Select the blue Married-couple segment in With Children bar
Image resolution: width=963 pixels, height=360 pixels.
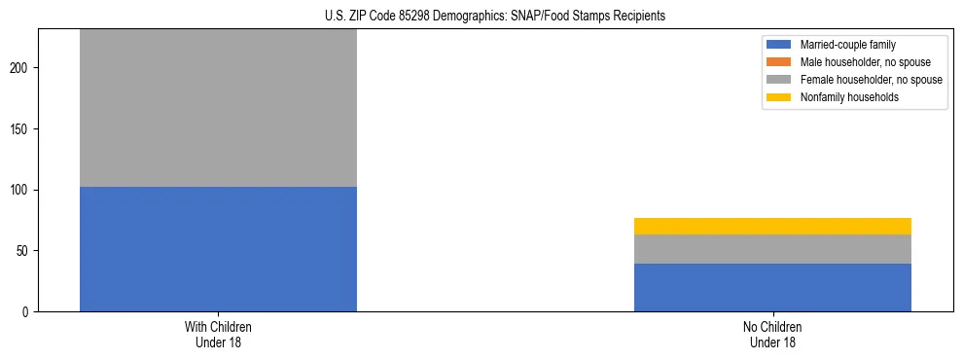[x=218, y=249]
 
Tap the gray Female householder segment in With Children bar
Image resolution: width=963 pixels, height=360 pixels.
[x=218, y=107]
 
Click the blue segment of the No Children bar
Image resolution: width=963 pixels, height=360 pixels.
[x=772, y=287]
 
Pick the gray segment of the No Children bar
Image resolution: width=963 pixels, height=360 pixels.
[x=772, y=249]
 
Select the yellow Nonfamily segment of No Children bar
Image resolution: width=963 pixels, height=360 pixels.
[x=772, y=226]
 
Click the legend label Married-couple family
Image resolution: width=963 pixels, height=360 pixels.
[x=848, y=45]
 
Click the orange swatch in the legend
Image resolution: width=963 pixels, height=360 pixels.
[x=780, y=62]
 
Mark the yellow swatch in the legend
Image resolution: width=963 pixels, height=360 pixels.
[x=780, y=97]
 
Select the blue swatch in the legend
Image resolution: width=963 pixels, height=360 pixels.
[x=780, y=45]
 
